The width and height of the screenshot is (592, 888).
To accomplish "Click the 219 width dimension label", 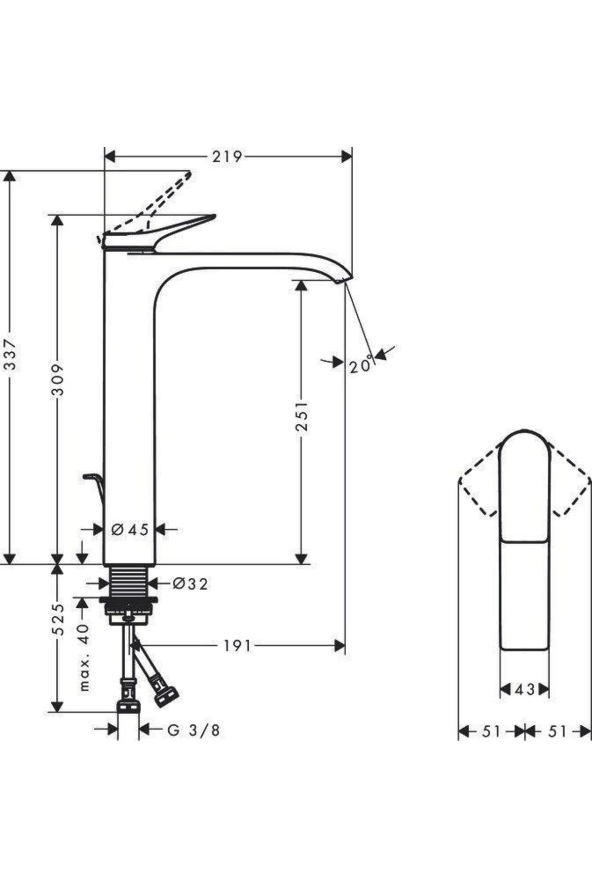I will [x=227, y=157].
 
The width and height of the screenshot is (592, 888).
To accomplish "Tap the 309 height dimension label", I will [x=58, y=380].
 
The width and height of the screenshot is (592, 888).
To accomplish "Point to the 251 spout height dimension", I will [x=301, y=415].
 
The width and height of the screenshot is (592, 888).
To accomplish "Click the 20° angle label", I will [x=361, y=366].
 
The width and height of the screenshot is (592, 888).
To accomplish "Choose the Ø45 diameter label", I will [x=130, y=530].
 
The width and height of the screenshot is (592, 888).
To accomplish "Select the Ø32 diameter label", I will [x=190, y=584].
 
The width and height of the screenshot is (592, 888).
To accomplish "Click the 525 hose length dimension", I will [x=58, y=619].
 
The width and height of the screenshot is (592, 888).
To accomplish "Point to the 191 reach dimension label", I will [x=237, y=645].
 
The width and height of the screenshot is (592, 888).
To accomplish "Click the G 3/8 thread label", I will [x=193, y=730].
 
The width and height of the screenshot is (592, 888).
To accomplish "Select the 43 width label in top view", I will [x=524, y=689].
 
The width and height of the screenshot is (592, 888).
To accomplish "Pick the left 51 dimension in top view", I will [x=491, y=731].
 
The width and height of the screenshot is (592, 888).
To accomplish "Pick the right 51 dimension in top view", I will [x=557, y=731].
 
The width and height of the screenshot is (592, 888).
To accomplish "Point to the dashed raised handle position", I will [x=163, y=197].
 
